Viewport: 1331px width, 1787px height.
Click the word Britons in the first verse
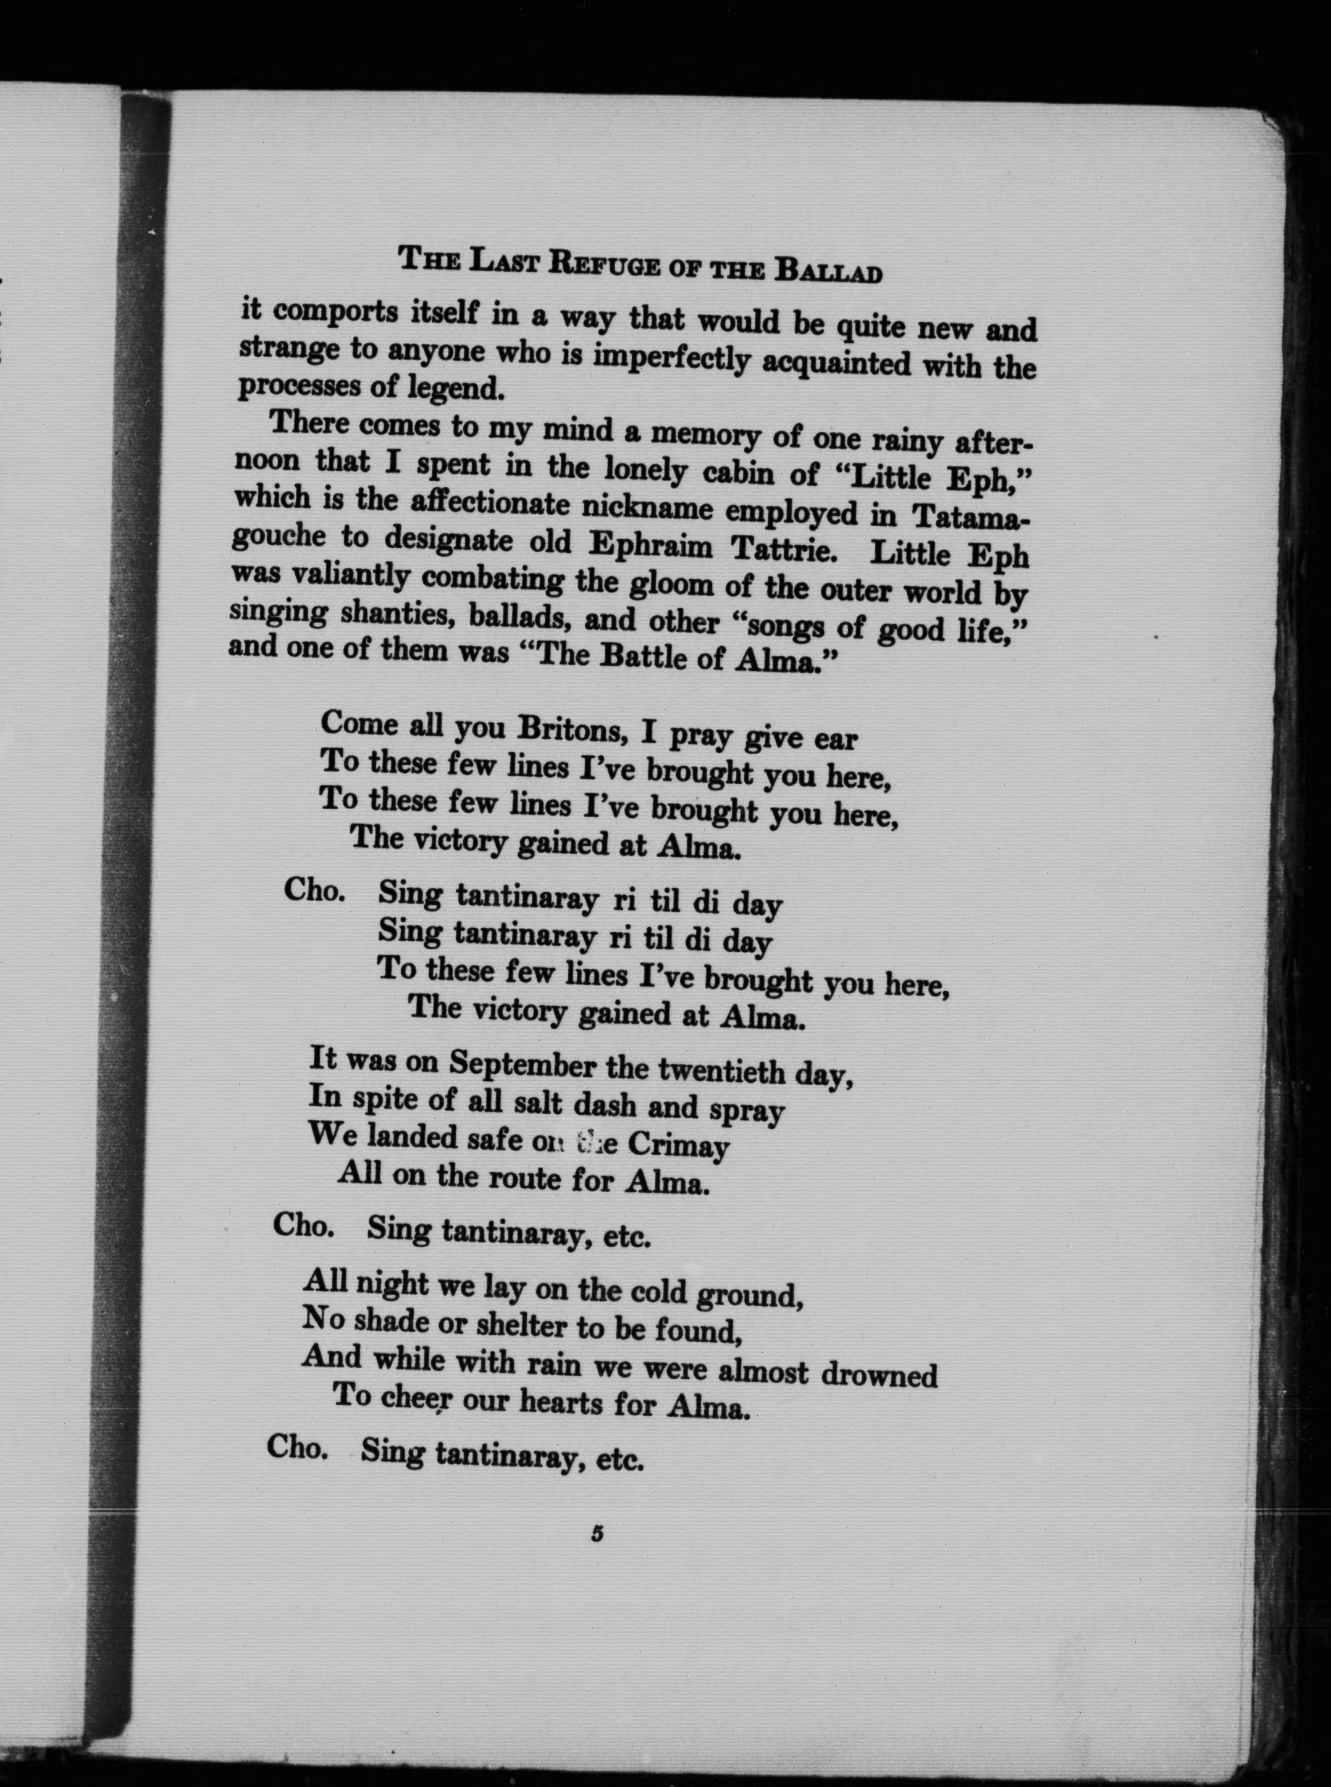(571, 730)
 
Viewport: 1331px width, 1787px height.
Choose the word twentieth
(720, 1070)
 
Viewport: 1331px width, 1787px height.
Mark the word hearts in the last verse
(561, 1403)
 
